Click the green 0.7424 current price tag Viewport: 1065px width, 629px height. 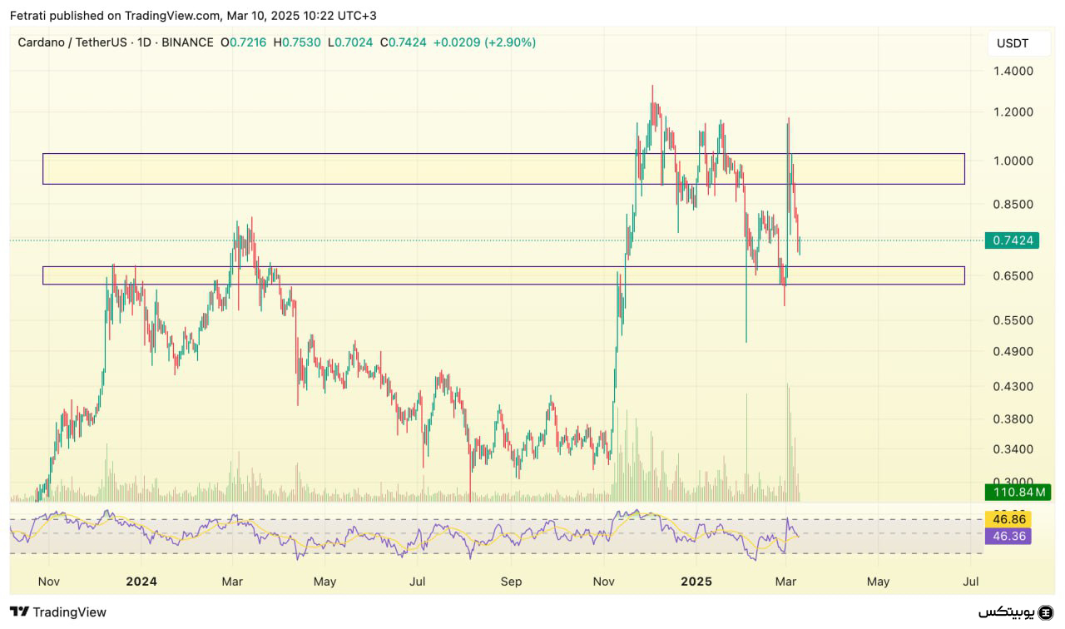tap(1013, 240)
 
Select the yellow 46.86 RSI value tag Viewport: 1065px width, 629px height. tap(1008, 519)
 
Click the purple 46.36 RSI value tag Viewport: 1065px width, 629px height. tap(1008, 536)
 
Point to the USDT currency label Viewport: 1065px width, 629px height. tap(1012, 43)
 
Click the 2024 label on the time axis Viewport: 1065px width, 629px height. tap(142, 582)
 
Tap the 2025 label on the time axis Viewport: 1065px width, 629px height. tap(696, 582)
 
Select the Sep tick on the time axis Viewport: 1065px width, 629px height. tap(512, 582)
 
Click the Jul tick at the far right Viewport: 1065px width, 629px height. tap(969, 582)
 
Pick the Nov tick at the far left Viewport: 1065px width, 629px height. tap(49, 582)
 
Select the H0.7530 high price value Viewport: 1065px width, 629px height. tap(297, 42)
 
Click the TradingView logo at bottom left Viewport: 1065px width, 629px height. tap(58, 612)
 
